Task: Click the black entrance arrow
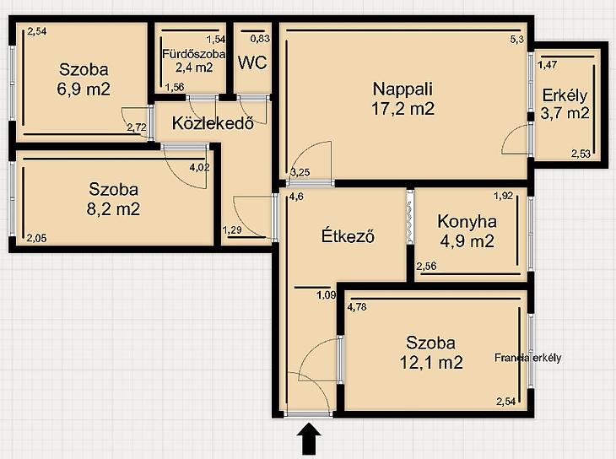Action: tap(309, 438)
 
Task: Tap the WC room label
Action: tap(252, 62)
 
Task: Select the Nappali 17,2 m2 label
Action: tap(403, 98)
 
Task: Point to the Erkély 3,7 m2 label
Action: tap(565, 104)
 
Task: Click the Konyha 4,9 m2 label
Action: tap(467, 231)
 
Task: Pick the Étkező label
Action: tap(348, 235)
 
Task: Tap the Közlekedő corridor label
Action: tap(213, 123)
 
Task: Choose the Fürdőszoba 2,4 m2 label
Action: tap(194, 61)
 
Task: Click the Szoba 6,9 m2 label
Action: tap(84, 79)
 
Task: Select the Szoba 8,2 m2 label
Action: tap(113, 199)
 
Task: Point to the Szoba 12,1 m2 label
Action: tap(431, 353)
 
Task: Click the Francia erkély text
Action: tap(527, 358)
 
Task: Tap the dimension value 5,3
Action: tap(517, 39)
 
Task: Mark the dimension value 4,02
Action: tap(200, 167)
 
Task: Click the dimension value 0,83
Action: tap(261, 39)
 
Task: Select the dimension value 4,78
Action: tap(357, 306)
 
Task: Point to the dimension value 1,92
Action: tap(504, 195)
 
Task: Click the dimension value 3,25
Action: tap(300, 172)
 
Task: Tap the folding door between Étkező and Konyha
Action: tap(410, 217)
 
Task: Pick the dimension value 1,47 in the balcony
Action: tap(548, 65)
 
